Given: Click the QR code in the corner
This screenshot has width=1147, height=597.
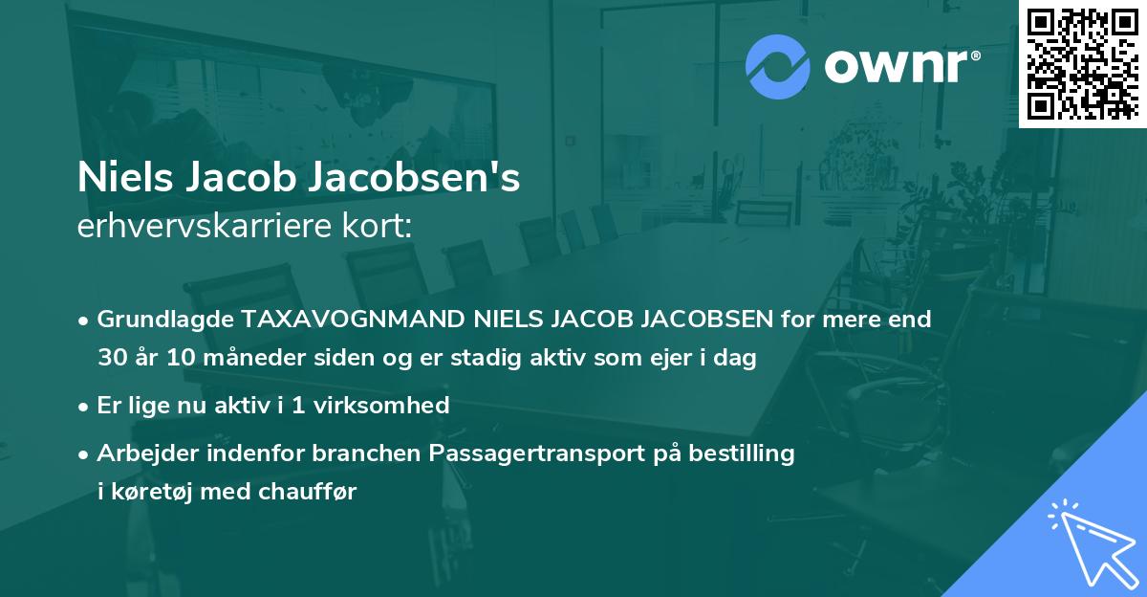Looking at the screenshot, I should click(1082, 64).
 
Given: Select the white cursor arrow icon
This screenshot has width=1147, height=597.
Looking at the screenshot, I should click(1090, 540).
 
